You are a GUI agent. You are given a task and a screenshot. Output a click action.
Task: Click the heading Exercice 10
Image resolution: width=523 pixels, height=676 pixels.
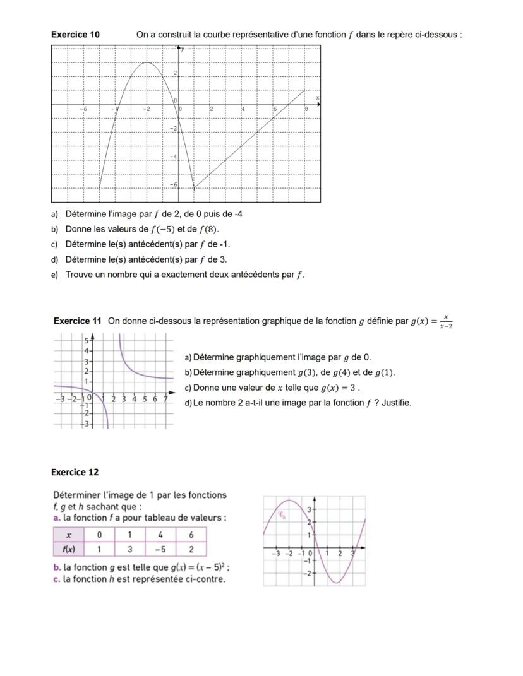click(75, 35)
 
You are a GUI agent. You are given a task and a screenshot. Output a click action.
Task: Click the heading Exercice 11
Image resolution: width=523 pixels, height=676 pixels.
click(77, 321)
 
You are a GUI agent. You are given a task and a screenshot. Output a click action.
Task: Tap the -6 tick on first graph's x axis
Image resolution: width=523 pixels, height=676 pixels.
click(83, 109)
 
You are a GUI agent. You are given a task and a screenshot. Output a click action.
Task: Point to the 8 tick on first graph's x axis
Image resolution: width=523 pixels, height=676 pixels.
click(306, 109)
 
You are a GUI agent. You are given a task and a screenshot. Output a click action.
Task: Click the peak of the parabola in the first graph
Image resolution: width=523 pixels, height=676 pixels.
click(147, 62)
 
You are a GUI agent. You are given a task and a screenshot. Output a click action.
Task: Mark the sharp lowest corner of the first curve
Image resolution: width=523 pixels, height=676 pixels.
click(194, 188)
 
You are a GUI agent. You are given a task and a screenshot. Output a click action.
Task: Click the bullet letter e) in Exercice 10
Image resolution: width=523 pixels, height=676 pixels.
click(54, 275)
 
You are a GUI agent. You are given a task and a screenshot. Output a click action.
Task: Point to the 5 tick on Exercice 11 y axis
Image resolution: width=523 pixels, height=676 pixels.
click(87, 340)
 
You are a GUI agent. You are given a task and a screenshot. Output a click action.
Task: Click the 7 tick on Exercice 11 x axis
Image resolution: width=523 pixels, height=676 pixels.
click(165, 399)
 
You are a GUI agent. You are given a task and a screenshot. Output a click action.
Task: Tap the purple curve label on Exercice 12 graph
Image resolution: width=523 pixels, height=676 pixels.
click(283, 514)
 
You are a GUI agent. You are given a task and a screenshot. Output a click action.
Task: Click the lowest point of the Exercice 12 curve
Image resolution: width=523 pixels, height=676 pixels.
click(337, 582)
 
